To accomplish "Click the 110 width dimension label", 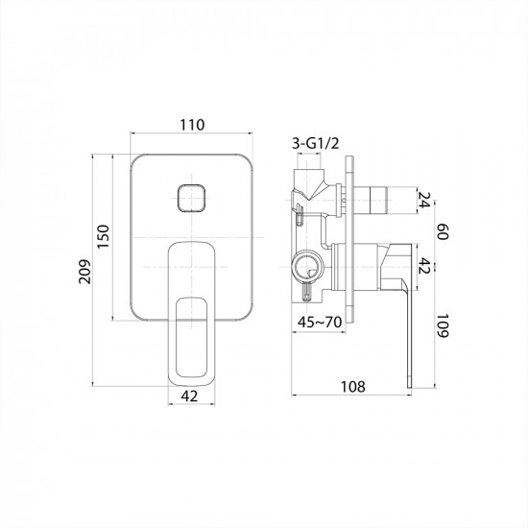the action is click(x=192, y=125).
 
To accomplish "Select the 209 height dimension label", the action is click(x=85, y=272).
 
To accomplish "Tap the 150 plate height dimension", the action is click(x=104, y=236).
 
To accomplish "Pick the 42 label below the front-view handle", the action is click(x=189, y=396).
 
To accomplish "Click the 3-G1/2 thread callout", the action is click(x=316, y=144).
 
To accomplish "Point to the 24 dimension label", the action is click(x=424, y=200).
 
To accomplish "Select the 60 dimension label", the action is click(x=443, y=231).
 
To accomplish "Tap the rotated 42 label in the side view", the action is click(x=424, y=266).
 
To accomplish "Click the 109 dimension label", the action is click(x=443, y=326).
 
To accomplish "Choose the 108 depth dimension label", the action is click(x=353, y=387).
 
